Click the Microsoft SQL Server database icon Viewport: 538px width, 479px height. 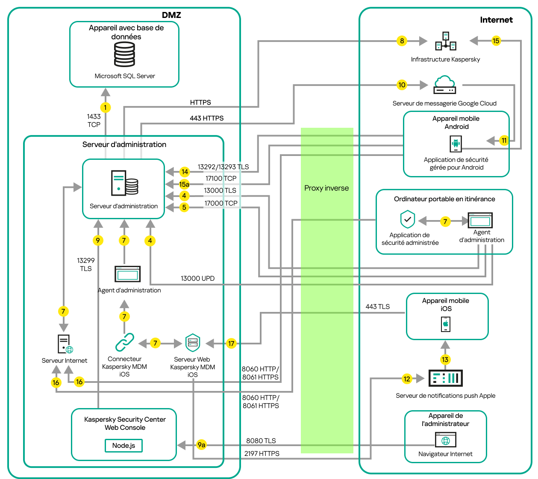tap(124, 55)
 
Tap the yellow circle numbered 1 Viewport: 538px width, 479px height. tap(105, 107)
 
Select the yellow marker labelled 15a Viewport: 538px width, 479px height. tap(184, 184)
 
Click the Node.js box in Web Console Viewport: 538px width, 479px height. tap(123, 445)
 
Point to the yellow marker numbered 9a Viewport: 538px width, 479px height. tap(201, 445)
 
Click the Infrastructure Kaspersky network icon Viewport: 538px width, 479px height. tap(446, 41)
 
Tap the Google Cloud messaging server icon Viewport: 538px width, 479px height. tap(445, 85)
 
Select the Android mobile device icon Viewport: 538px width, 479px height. tap(456, 144)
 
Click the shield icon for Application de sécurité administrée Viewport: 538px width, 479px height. tap(408, 220)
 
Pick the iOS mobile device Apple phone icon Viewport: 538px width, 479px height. tap(446, 324)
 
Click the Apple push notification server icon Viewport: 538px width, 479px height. tap(445, 378)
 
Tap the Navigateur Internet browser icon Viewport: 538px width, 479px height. tap(446, 440)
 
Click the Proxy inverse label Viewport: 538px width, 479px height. tap(326, 188)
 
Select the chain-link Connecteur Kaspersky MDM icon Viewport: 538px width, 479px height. tap(124, 342)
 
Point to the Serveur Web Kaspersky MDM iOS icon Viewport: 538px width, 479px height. tap(193, 343)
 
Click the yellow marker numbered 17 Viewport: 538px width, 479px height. tap(231, 343)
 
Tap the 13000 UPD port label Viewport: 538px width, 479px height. tap(197, 278)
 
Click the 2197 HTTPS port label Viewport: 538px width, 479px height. tap(262, 453)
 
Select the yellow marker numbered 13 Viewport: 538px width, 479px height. tap(445, 359)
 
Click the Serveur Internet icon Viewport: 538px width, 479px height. tap(65, 344)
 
